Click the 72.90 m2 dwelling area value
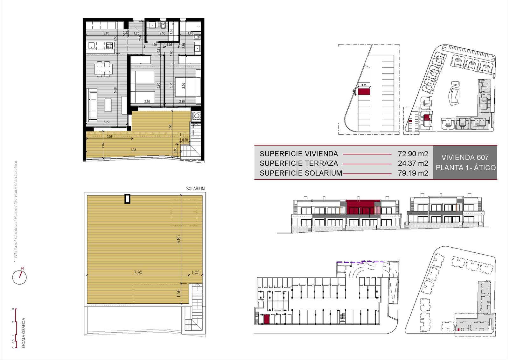(x=413, y=154)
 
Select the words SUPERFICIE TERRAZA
(x=298, y=164)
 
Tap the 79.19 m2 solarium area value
(x=413, y=173)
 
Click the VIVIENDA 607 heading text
(x=465, y=157)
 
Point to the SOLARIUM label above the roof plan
(x=195, y=189)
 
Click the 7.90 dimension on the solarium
(x=138, y=272)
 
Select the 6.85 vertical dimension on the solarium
(x=179, y=239)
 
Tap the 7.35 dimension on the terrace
(x=133, y=150)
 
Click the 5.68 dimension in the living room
(x=115, y=90)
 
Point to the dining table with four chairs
(x=103, y=69)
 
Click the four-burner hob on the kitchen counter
(x=110, y=46)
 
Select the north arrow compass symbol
(x=19, y=277)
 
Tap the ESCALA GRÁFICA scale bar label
(x=24, y=333)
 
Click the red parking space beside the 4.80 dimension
(x=364, y=92)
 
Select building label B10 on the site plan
(x=440, y=59)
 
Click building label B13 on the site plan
(x=486, y=67)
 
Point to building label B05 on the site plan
(x=448, y=124)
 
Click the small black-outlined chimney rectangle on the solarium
(x=127, y=199)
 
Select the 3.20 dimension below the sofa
(x=107, y=122)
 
